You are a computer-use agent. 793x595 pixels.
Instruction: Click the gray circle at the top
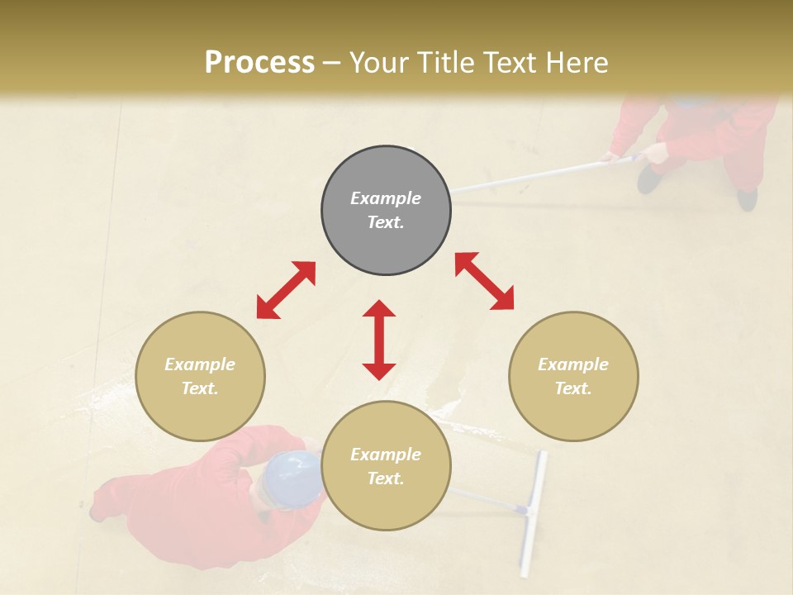tap(386, 210)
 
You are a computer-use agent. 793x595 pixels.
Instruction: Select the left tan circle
tap(200, 376)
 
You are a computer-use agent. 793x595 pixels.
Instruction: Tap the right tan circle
tap(573, 376)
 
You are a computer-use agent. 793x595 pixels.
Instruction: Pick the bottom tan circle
tap(386, 466)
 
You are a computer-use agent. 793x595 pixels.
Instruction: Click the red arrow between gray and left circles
tap(286, 290)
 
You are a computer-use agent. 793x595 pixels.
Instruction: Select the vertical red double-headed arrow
tap(379, 340)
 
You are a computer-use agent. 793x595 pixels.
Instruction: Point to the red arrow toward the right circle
tap(485, 281)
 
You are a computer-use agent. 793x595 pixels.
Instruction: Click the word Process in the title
tap(259, 62)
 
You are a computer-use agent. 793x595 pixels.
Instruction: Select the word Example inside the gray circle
tap(386, 198)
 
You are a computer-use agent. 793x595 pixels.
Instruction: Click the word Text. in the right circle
tap(573, 388)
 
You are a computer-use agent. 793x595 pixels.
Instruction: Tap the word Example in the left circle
tap(200, 364)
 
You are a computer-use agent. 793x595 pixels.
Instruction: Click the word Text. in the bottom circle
tap(386, 478)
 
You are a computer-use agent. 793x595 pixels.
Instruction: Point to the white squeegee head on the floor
tap(533, 512)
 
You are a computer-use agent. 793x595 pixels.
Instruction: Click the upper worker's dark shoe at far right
tap(747, 199)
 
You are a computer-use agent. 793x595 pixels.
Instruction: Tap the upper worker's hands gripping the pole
tap(636, 154)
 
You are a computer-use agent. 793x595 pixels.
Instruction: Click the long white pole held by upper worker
tap(529, 176)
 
